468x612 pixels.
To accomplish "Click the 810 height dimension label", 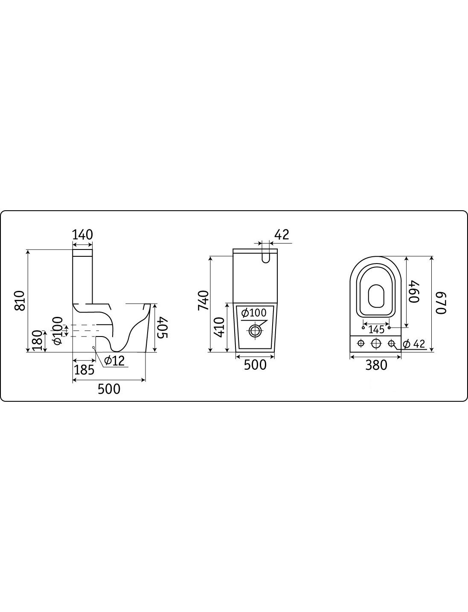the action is click(x=20, y=301).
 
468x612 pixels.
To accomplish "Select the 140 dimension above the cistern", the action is click(x=83, y=235).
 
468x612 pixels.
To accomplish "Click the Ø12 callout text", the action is click(x=114, y=361).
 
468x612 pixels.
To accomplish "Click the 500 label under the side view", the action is click(x=109, y=389).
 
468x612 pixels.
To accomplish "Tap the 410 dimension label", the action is click(x=220, y=328).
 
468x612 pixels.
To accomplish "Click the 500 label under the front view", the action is click(x=255, y=365).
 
